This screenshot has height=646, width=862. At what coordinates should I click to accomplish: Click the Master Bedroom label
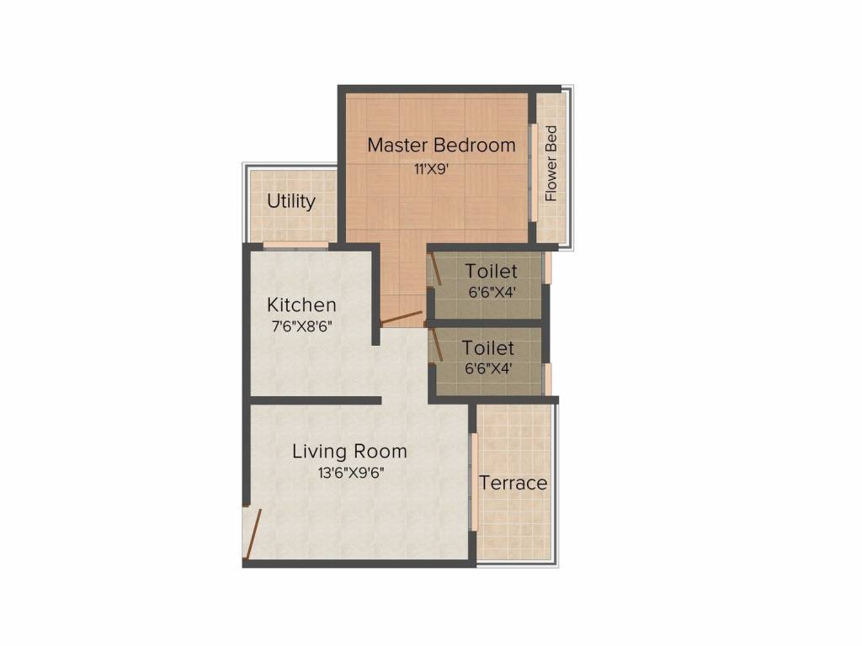441,145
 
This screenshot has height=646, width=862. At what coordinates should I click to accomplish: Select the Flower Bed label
551,163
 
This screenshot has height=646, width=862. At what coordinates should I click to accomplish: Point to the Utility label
291,201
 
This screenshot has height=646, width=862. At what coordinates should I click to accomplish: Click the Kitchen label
301,304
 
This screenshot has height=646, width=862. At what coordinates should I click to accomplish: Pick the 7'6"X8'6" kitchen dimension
301,326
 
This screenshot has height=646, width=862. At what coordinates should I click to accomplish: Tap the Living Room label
349,451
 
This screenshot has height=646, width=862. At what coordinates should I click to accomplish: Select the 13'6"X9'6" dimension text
351,473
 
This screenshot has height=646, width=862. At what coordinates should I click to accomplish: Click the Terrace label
513,483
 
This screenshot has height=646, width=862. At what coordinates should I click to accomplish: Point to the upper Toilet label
491,272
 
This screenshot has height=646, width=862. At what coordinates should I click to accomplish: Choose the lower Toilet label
488,347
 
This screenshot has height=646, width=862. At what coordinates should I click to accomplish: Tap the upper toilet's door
435,271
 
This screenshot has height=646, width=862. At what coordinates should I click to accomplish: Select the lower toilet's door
435,346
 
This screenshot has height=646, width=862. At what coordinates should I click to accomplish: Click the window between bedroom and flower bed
533,172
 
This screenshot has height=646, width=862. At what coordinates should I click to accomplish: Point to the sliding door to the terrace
475,482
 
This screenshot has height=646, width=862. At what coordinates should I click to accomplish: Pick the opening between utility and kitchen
295,246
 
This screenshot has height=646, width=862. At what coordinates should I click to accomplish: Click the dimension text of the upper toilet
491,293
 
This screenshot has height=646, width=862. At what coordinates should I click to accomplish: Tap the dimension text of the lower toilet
489,368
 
